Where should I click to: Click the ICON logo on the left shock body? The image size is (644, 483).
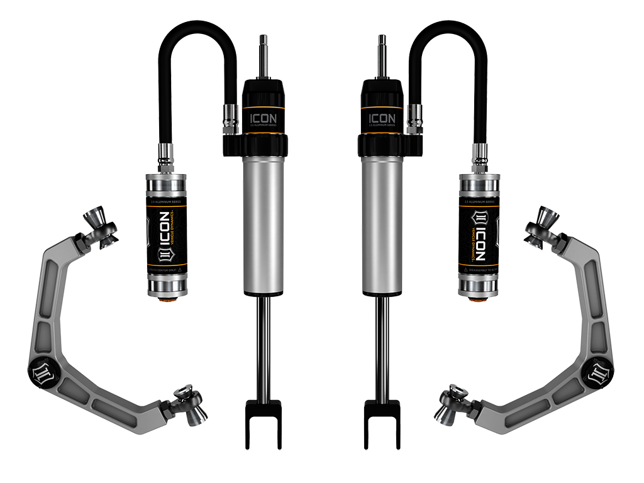[262, 118]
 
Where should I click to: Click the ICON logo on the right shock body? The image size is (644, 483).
[382, 118]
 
